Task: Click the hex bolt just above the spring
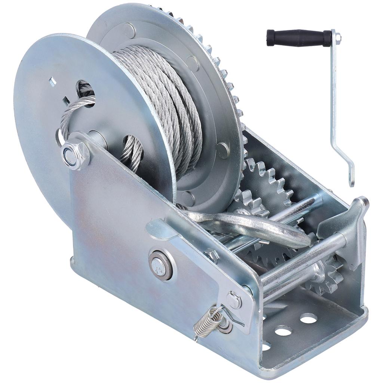tap(233, 300)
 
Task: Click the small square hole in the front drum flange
tap(52, 81)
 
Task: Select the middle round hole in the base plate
tap(283, 330)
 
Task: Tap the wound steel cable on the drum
tap(165, 105)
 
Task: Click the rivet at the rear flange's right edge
tap(223, 150)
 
